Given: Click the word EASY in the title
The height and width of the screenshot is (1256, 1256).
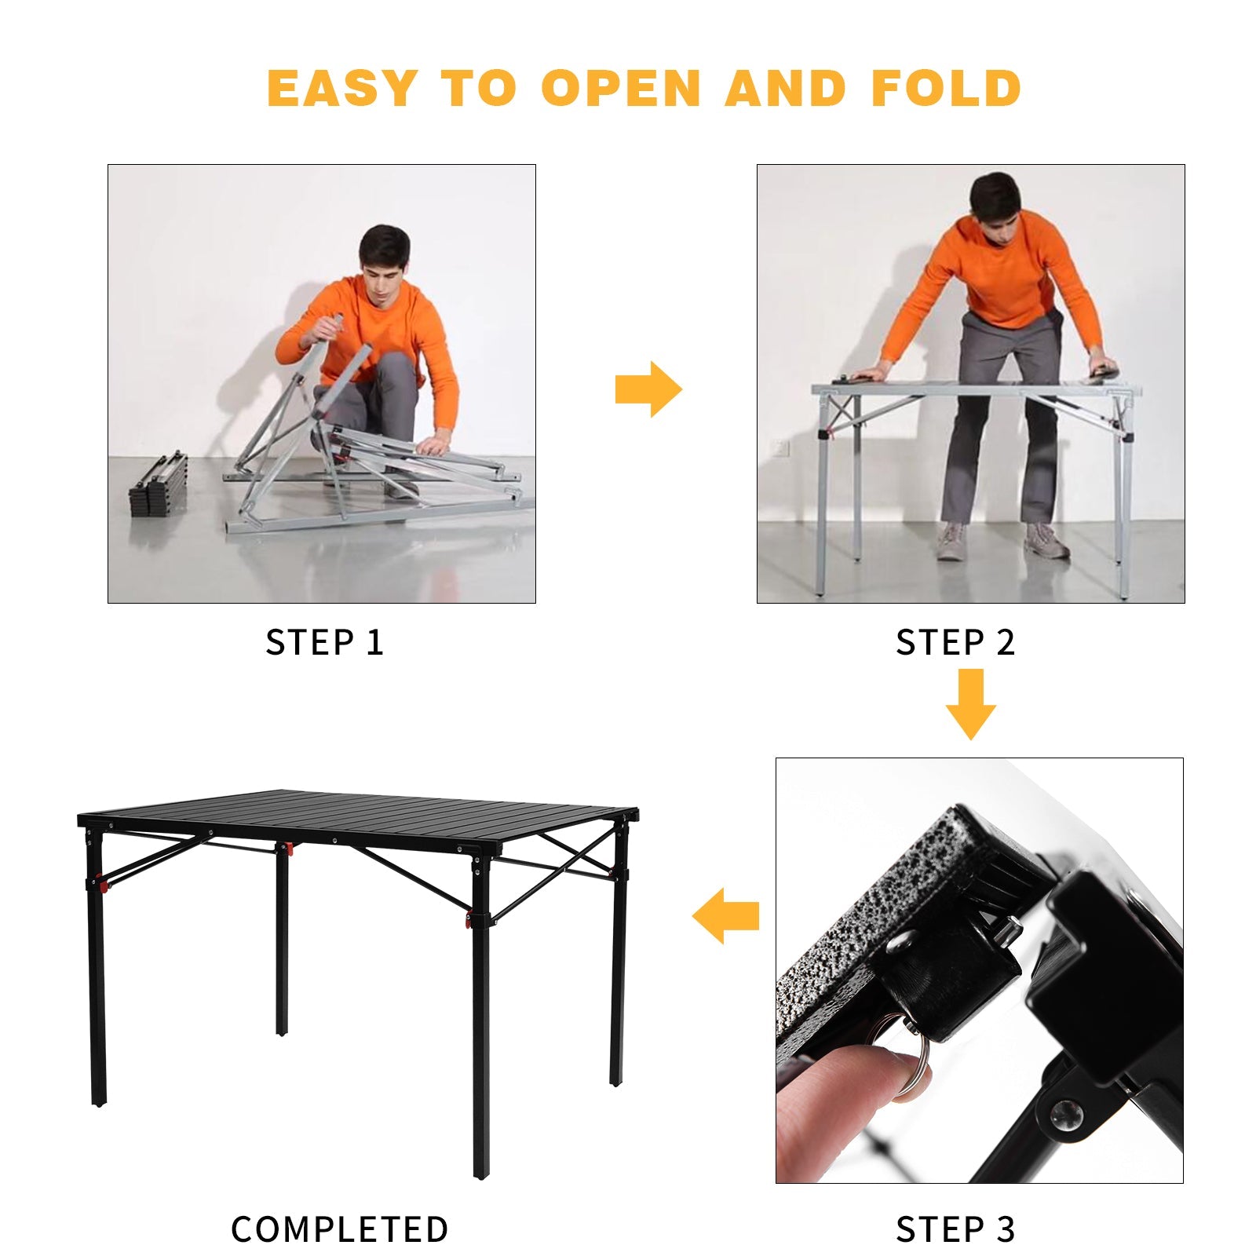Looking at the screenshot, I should coord(341,88).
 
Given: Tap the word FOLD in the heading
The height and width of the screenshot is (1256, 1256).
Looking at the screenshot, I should coord(945,88).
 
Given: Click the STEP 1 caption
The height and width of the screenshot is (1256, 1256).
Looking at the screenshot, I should coord(324,643).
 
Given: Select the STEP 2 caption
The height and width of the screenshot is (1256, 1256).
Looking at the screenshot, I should coord(955,643).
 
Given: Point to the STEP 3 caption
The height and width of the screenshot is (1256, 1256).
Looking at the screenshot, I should coord(955,1229).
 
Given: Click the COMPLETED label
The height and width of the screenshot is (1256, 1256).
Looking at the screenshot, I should coord(339,1229).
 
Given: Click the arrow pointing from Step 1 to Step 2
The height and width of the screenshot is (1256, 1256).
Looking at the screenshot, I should coord(648,389).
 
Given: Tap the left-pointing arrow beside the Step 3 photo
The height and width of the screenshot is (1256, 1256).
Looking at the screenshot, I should coord(726,915).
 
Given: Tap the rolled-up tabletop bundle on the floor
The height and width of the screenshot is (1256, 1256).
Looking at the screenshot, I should coord(159,484).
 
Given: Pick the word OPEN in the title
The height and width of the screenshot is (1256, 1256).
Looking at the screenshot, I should coord(620,88).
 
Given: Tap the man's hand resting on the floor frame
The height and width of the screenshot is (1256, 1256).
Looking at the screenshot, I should coord(432,446).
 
